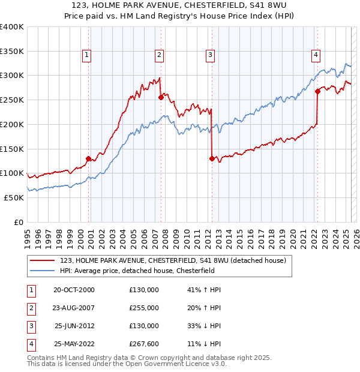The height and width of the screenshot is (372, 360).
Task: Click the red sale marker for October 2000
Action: coord(88,159)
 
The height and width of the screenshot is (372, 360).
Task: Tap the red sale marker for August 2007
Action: coord(161,97)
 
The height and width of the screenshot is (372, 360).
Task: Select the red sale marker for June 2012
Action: coord(212,159)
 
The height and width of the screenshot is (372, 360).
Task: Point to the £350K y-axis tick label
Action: coord(12,51)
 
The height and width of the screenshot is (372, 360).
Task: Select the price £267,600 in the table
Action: coord(144,344)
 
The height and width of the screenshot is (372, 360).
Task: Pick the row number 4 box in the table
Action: coord(30,344)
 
